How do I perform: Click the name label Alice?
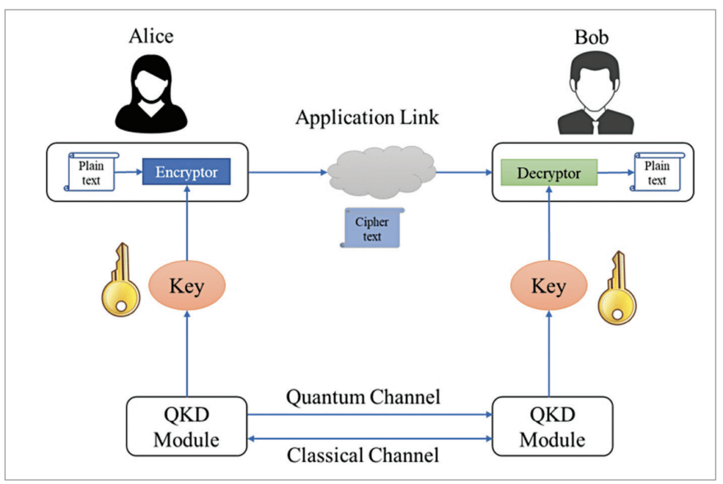[150, 37]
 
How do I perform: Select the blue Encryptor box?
[186, 172]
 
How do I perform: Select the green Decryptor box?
[548, 172]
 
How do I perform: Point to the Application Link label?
[366, 117]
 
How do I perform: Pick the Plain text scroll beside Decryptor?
[657, 173]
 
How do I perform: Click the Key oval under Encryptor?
[186, 286]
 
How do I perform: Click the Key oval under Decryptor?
[548, 286]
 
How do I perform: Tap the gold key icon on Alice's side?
[121, 279]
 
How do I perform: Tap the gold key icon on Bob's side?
[616, 287]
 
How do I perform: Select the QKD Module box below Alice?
[186, 426]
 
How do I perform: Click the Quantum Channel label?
[363, 397]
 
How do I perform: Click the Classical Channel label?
[363, 455]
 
